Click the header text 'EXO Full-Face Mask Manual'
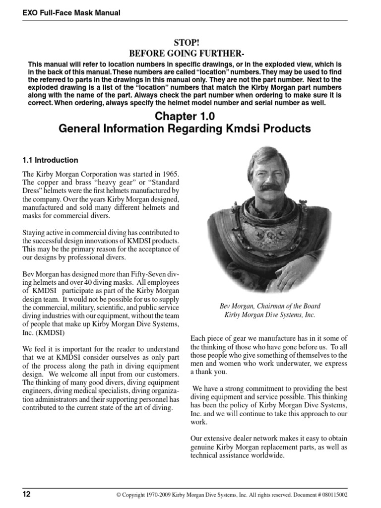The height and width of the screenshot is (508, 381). coord(71,12)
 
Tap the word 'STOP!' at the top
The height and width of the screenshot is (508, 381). coord(190,43)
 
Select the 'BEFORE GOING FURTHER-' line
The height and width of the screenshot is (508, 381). coord(190,54)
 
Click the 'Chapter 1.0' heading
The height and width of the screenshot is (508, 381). coord(190,117)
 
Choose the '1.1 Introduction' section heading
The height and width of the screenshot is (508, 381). coord(50,160)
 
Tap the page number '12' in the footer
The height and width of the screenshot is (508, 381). coord(26,494)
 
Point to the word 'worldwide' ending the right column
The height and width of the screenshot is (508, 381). coord(267,456)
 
